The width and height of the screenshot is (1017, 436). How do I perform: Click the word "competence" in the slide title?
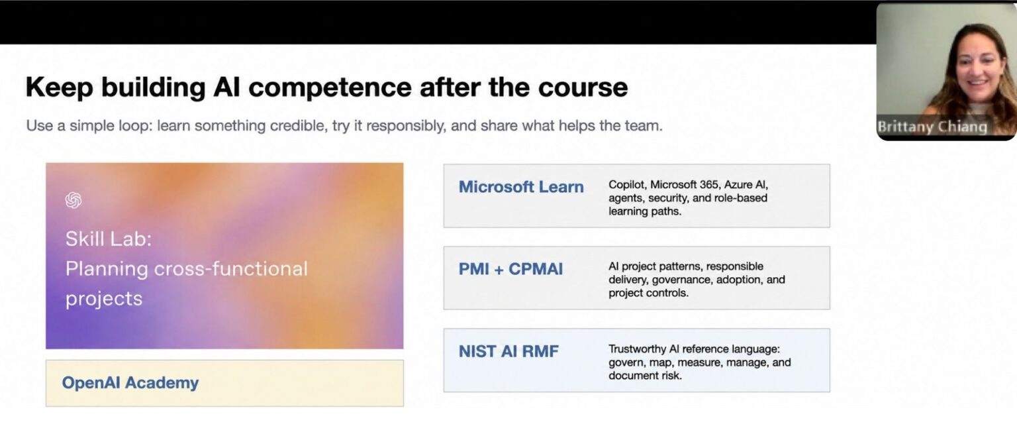(x=330, y=87)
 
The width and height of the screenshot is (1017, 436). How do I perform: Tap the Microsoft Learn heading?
(x=521, y=187)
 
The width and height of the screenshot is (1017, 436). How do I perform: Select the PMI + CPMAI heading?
(x=510, y=269)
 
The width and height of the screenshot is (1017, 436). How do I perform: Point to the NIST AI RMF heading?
(x=508, y=351)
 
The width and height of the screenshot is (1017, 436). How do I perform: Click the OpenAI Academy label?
(x=130, y=382)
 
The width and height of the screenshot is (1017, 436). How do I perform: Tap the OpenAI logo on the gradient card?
(x=73, y=200)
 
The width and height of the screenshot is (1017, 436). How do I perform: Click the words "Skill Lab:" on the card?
(x=109, y=239)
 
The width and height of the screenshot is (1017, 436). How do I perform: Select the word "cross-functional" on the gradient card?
(x=230, y=268)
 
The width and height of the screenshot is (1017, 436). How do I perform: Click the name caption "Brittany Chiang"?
(x=932, y=127)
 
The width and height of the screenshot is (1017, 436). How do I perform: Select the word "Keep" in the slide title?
(x=60, y=87)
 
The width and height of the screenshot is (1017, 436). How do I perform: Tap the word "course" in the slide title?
(x=583, y=87)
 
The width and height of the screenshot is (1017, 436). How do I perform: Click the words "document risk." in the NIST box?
(x=645, y=376)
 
